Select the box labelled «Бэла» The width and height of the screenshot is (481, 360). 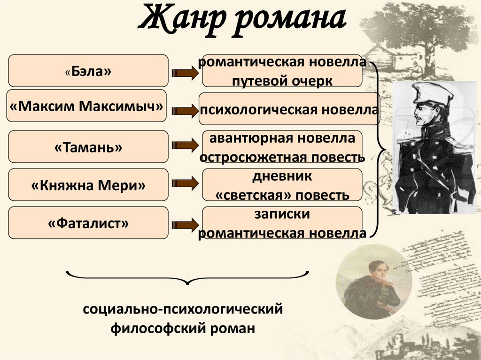pos(88,71)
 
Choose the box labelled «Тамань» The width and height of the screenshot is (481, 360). pos(88,147)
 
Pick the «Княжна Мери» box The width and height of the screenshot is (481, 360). pos(88,185)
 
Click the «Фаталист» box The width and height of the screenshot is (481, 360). pos(88,223)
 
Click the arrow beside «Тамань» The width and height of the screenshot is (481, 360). pos(185,146)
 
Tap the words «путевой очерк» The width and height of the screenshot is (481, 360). pos(282,80)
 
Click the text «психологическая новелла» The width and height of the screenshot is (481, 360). pos(289,110)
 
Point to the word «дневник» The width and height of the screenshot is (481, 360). pos(282,177)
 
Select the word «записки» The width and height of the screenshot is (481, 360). pos(282,214)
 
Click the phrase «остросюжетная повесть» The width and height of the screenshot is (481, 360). pos(282,157)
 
